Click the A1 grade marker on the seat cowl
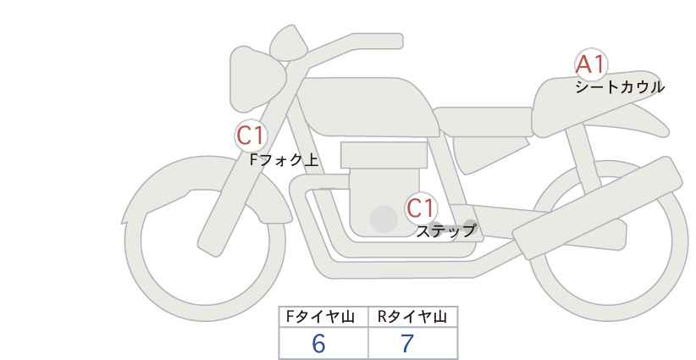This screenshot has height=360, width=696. click(x=590, y=65)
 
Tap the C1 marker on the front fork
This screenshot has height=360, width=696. click(x=251, y=136)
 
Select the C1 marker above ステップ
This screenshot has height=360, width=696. click(x=420, y=208)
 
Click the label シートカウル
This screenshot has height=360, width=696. click(x=620, y=87)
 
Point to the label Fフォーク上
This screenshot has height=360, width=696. click(x=284, y=160)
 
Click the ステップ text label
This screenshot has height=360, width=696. click(x=445, y=231)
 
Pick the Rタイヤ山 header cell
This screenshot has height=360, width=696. click(x=413, y=317)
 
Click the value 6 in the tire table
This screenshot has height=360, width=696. click(x=318, y=344)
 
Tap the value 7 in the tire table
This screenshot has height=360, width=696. click(x=407, y=344)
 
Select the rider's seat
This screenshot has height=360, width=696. click(x=483, y=121)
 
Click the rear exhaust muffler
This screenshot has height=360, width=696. click(x=598, y=208)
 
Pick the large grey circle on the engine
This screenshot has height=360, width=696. click(x=384, y=219)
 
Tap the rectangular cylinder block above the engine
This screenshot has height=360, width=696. click(x=384, y=155)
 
